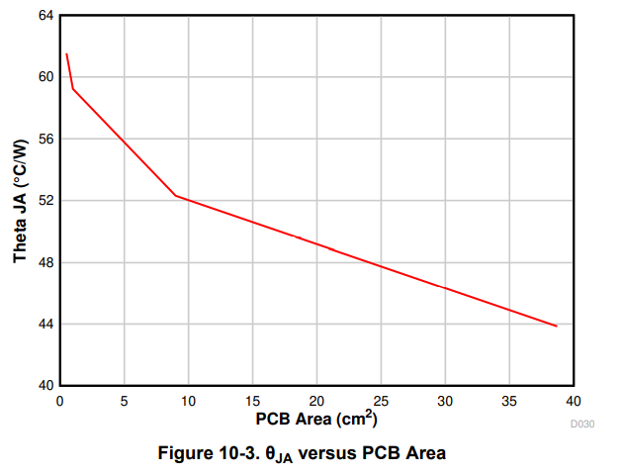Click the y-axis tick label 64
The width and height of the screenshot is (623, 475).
pos(44,16)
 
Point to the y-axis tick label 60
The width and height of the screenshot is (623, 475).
pos(44,77)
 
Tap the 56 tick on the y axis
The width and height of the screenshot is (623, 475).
pos(44,139)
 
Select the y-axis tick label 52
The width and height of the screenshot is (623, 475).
pos(44,201)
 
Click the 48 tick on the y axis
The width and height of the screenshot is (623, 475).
pos(44,262)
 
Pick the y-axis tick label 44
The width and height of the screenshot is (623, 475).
pos(44,324)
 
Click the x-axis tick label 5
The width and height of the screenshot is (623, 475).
pos(124,401)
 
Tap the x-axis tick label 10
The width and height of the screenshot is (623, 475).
pos(188,401)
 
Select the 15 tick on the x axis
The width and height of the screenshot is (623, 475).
pos(252,401)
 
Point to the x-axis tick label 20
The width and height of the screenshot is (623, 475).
pos(316,401)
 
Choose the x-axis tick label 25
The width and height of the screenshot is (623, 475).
pos(381,401)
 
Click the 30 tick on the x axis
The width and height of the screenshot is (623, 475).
pos(445,401)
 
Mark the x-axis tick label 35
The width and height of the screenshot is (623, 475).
pos(509,401)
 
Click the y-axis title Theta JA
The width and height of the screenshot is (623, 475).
pos(20,201)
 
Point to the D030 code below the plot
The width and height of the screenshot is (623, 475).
pos(582,424)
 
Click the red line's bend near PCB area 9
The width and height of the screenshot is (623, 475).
pos(175,195)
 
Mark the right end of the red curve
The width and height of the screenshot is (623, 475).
pos(557,326)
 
